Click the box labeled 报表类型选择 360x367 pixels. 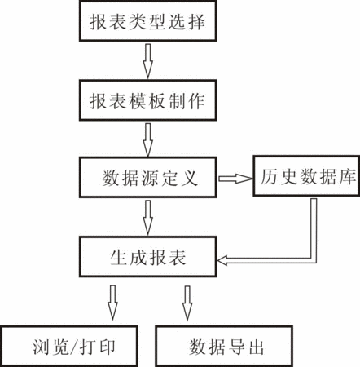pyautogui.click(x=148, y=20)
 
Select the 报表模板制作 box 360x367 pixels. pyautogui.click(x=148, y=100)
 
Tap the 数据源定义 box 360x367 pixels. pyautogui.click(x=148, y=177)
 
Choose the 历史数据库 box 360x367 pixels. pyautogui.click(x=306, y=175)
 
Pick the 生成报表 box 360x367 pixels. pyautogui.click(x=148, y=257)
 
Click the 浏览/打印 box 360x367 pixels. pyautogui.click(x=69, y=346)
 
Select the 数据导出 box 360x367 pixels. pyautogui.click(x=224, y=346)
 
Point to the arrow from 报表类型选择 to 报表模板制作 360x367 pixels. pyautogui.click(x=148, y=61)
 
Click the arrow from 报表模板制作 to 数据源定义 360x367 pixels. pyautogui.click(x=148, y=140)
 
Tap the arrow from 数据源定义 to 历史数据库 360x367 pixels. pyautogui.click(x=235, y=179)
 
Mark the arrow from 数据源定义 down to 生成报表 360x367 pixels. pyautogui.click(x=148, y=218)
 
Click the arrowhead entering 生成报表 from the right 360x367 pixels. pyautogui.click(x=222, y=260)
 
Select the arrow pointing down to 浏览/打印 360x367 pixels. pyautogui.click(x=112, y=303)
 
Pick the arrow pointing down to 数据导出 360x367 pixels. pyautogui.click(x=187, y=303)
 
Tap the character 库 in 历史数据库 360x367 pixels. pyautogui.click(x=348, y=177)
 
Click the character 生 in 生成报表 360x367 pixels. pyautogui.click(x=119, y=257)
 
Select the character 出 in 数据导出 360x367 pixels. pyautogui.click(x=257, y=347)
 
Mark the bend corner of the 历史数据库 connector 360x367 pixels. pyautogui.click(x=314, y=260)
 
